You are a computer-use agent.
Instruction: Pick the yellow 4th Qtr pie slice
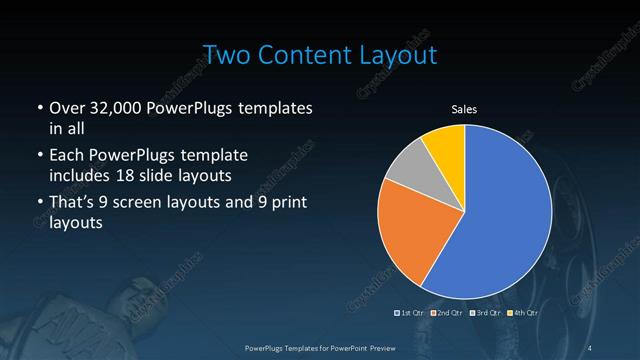443,146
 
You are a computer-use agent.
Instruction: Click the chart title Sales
464,108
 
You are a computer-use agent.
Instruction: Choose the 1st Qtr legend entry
409,313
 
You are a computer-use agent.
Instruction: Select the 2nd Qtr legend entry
445,313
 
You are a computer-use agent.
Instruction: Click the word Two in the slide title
226,55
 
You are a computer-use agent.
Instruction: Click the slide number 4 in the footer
590,347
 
